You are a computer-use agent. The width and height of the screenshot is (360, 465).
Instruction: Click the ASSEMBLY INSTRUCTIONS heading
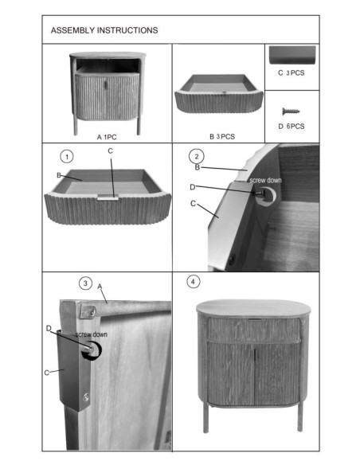(x=104, y=30)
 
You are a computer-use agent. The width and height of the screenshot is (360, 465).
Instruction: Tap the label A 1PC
(x=108, y=137)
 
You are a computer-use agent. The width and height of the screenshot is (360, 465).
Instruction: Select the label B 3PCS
(x=221, y=137)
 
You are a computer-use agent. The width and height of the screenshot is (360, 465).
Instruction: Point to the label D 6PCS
(x=292, y=125)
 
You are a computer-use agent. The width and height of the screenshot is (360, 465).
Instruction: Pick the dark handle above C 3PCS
(x=292, y=56)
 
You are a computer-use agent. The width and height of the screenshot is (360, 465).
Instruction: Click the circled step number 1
(x=67, y=154)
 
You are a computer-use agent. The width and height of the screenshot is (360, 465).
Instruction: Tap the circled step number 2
(x=197, y=154)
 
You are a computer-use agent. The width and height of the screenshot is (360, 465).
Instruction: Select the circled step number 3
(x=85, y=283)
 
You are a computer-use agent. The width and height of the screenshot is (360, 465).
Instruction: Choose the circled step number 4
(x=194, y=282)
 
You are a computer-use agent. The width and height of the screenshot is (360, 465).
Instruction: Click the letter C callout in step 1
(x=110, y=150)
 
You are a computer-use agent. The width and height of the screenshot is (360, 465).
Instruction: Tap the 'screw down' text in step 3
(x=92, y=335)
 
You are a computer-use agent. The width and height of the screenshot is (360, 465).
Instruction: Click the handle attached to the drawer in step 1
(x=110, y=193)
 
